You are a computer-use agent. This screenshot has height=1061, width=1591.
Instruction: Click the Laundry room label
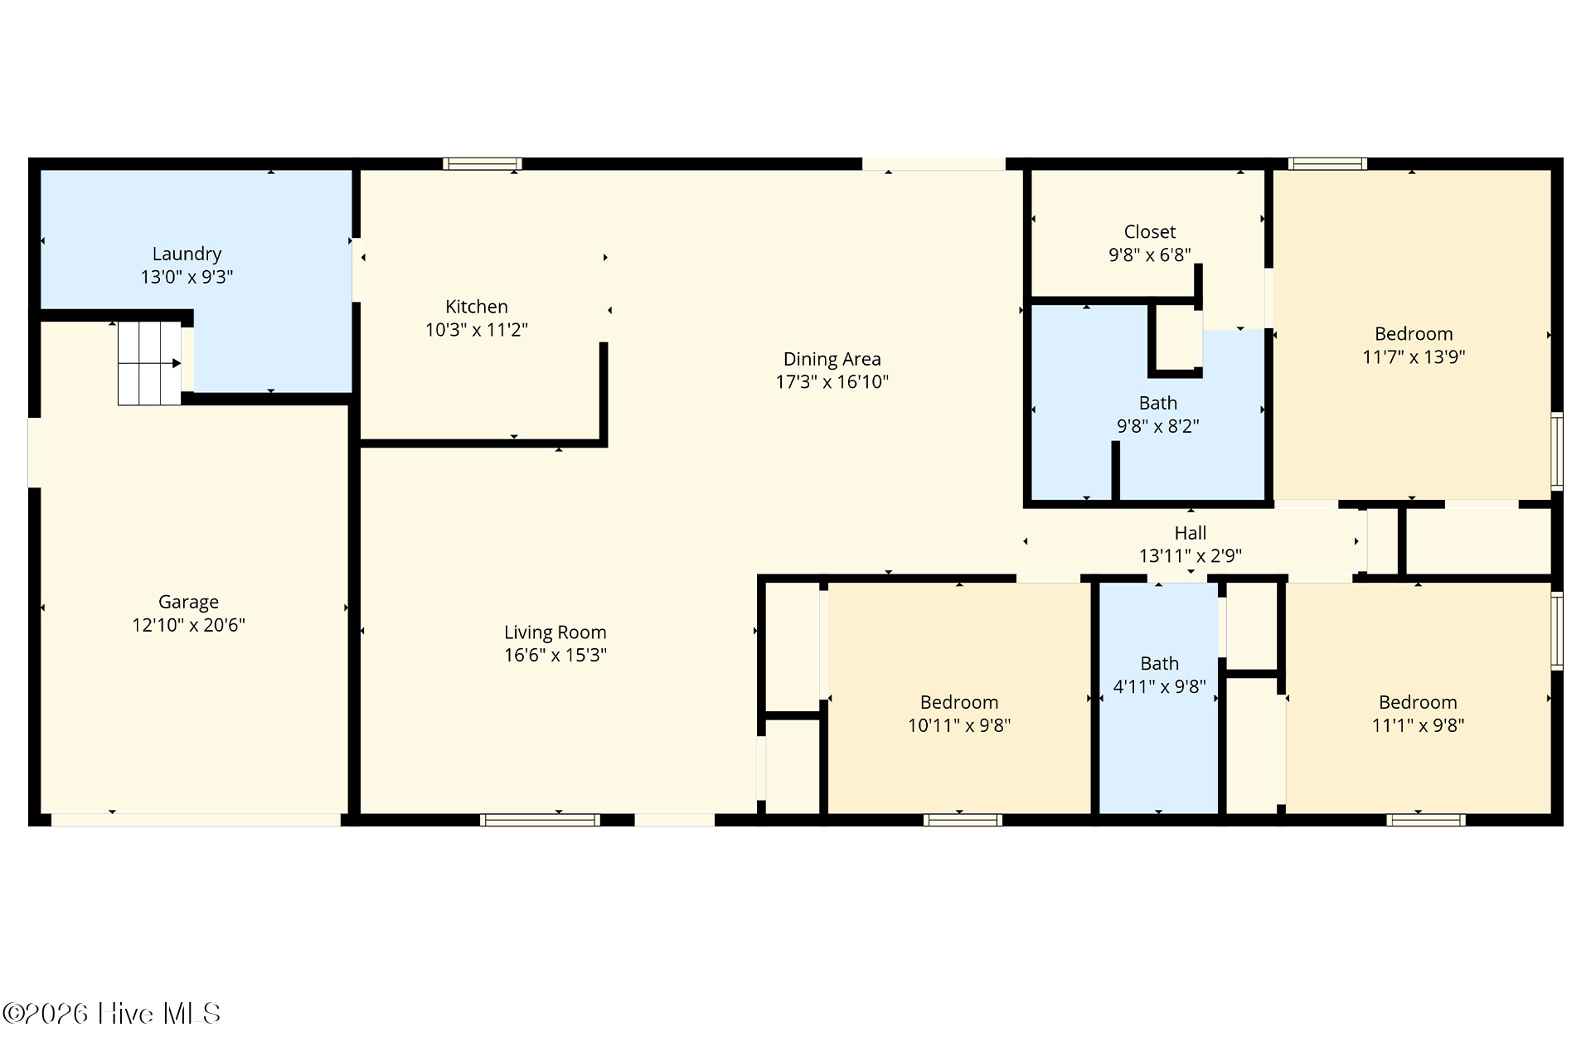pos(187,254)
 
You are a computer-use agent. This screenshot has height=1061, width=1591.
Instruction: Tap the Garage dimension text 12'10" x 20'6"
pos(188,625)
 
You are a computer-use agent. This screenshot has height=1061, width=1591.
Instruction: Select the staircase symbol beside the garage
pos(149,363)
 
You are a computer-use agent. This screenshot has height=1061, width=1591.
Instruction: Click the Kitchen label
pos(477,307)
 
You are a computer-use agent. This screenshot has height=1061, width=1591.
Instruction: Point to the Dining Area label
pos(832,359)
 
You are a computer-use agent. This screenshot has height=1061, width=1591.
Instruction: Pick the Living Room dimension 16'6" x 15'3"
pos(555,655)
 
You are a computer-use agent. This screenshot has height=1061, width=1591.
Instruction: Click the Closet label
pos(1150,232)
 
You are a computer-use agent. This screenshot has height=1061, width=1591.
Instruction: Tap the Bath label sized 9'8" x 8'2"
pos(1158,403)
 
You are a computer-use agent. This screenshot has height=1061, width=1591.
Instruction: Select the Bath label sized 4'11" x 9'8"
pos(1159,663)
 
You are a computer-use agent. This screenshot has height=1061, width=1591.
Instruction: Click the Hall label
pos(1191,533)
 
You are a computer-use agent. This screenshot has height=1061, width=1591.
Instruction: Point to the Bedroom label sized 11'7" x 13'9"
pos(1414,334)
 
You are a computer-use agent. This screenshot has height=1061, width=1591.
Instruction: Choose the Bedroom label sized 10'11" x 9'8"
pos(959,702)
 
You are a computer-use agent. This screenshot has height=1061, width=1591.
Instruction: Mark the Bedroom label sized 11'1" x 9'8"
pos(1418,702)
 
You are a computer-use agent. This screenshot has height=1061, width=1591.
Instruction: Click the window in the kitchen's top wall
pos(482,163)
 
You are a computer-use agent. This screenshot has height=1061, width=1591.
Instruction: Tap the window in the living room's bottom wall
pos(540,820)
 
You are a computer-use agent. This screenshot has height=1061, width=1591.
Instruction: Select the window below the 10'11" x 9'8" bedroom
pos(963,820)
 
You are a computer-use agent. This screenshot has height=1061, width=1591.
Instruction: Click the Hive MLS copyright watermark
pos(111,1014)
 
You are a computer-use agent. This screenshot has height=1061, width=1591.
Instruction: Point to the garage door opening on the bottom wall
pos(196,820)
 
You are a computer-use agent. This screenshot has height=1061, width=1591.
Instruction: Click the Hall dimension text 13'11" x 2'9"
pos(1191,555)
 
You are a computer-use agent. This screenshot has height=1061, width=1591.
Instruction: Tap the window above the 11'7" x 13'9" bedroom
pos(1327,163)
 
